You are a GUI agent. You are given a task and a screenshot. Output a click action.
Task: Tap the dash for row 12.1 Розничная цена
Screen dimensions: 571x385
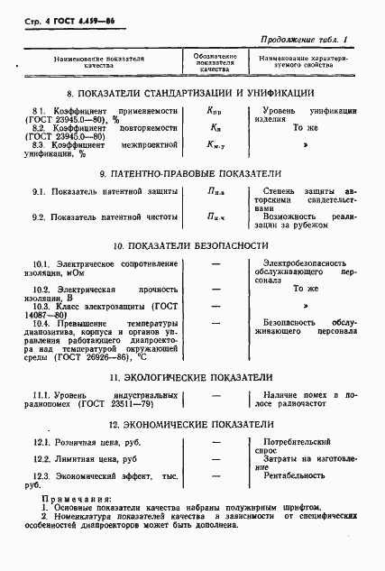point(215,444)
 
